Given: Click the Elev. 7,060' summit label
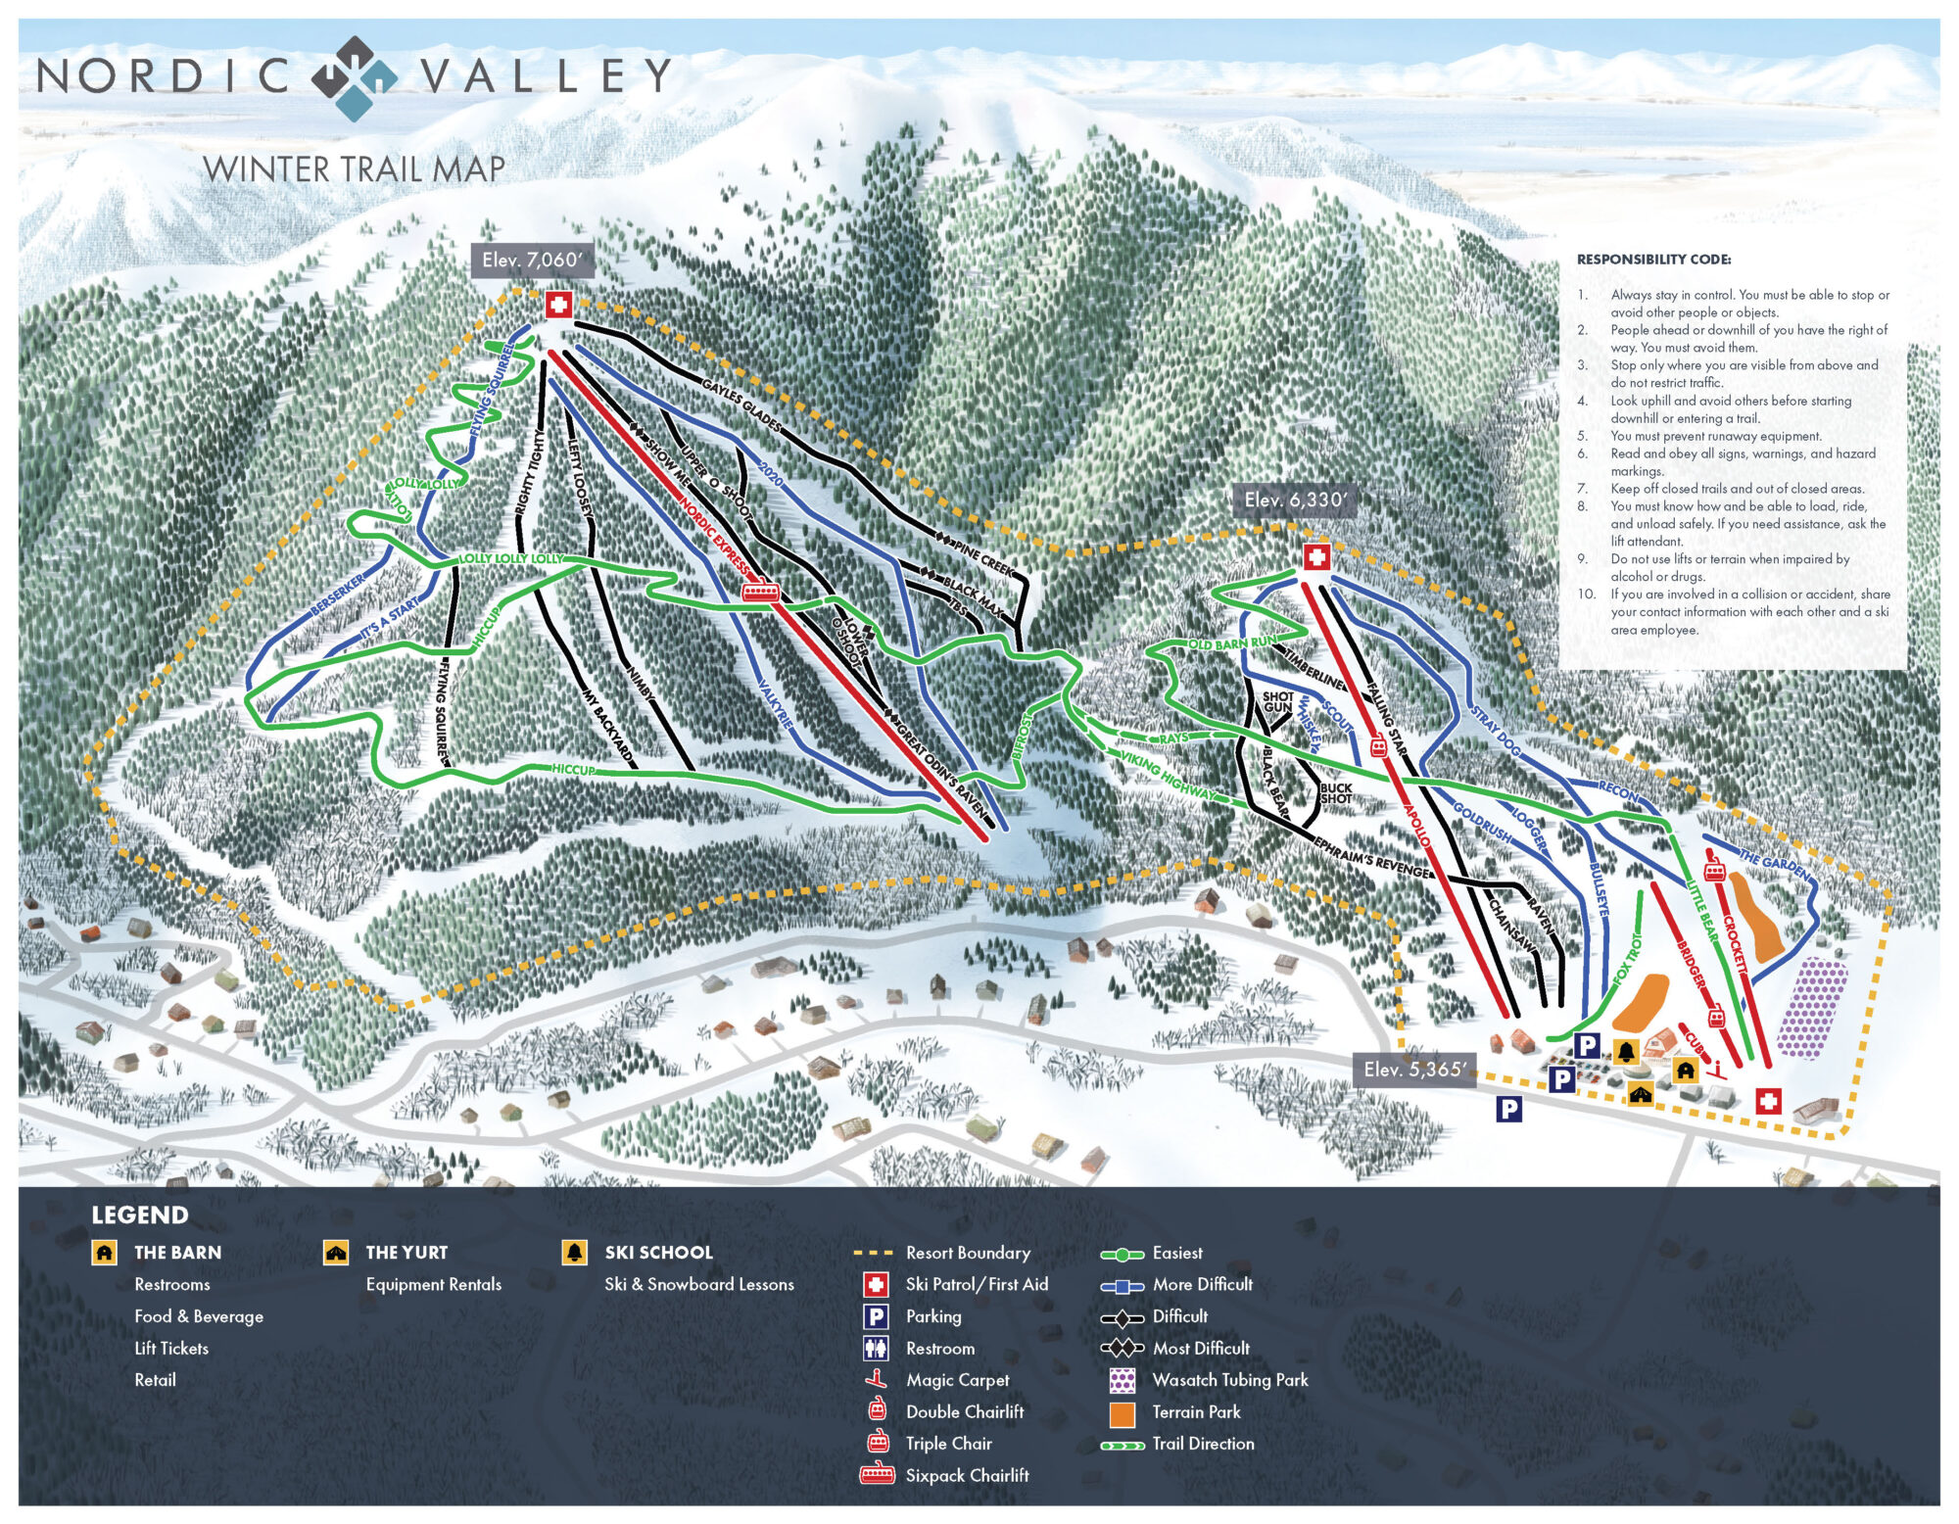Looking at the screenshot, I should pos(532,261).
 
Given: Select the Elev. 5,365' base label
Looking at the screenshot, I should pos(1413,1070).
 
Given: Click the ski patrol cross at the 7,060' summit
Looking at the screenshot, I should pos(558,305).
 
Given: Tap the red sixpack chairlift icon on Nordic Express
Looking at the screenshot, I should pos(761,592).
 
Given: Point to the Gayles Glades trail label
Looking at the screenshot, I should pos(741,405).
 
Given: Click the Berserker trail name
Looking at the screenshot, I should pos(338,595).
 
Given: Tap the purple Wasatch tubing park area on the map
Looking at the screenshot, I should pos(1812,1009).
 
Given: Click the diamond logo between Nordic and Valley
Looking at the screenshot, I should pos(355,77).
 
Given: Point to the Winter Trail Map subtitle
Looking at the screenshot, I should pos(354,169).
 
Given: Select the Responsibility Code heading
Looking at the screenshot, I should pos(1653,260).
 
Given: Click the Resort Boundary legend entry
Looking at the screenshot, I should pos(967,1253).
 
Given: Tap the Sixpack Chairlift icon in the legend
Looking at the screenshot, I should pos(877,1475).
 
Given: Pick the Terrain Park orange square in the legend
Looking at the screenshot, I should pos(1122,1413).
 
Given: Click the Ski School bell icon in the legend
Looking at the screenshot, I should pos(574,1253).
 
